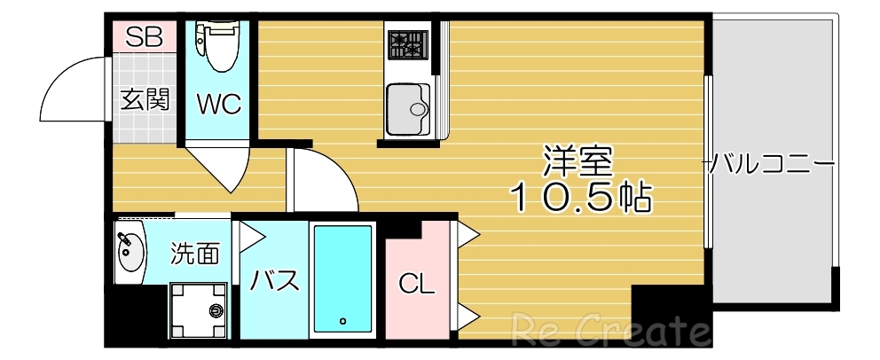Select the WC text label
[x=218, y=105]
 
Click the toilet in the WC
[x=218, y=46]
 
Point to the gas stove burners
[x=406, y=43]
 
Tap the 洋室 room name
[x=577, y=163]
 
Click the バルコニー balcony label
[x=771, y=163]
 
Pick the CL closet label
[x=416, y=285]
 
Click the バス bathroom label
[x=274, y=281]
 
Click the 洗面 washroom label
[x=194, y=254]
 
